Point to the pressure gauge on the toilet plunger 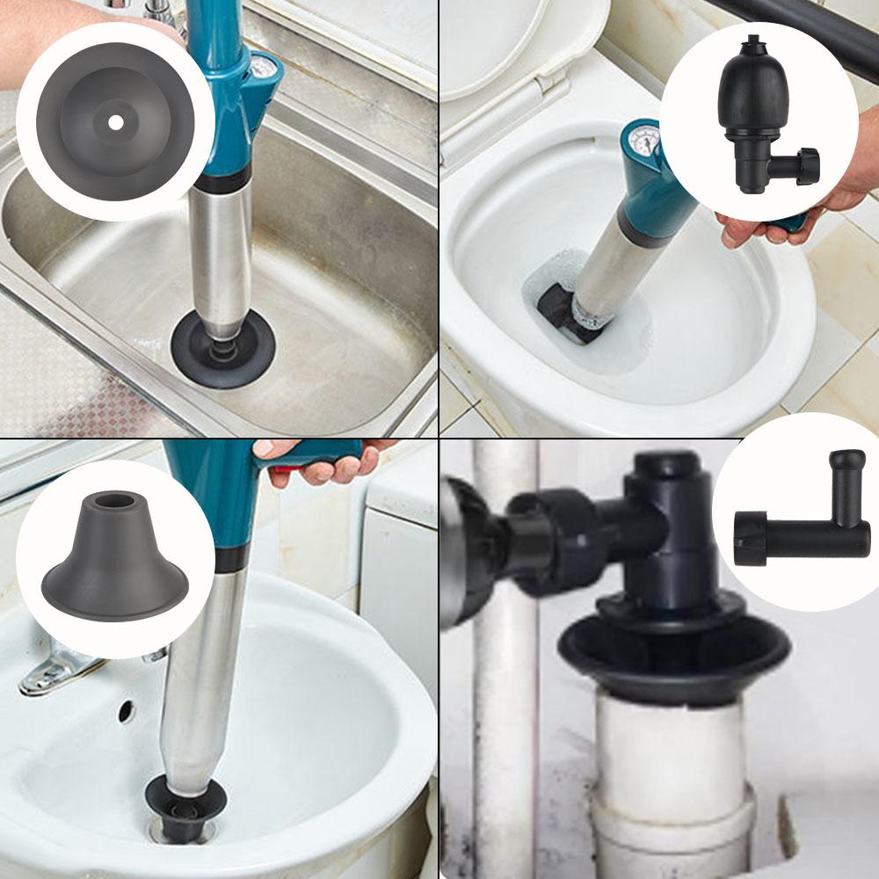pos(648,141)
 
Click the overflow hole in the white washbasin pos(126,710)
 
